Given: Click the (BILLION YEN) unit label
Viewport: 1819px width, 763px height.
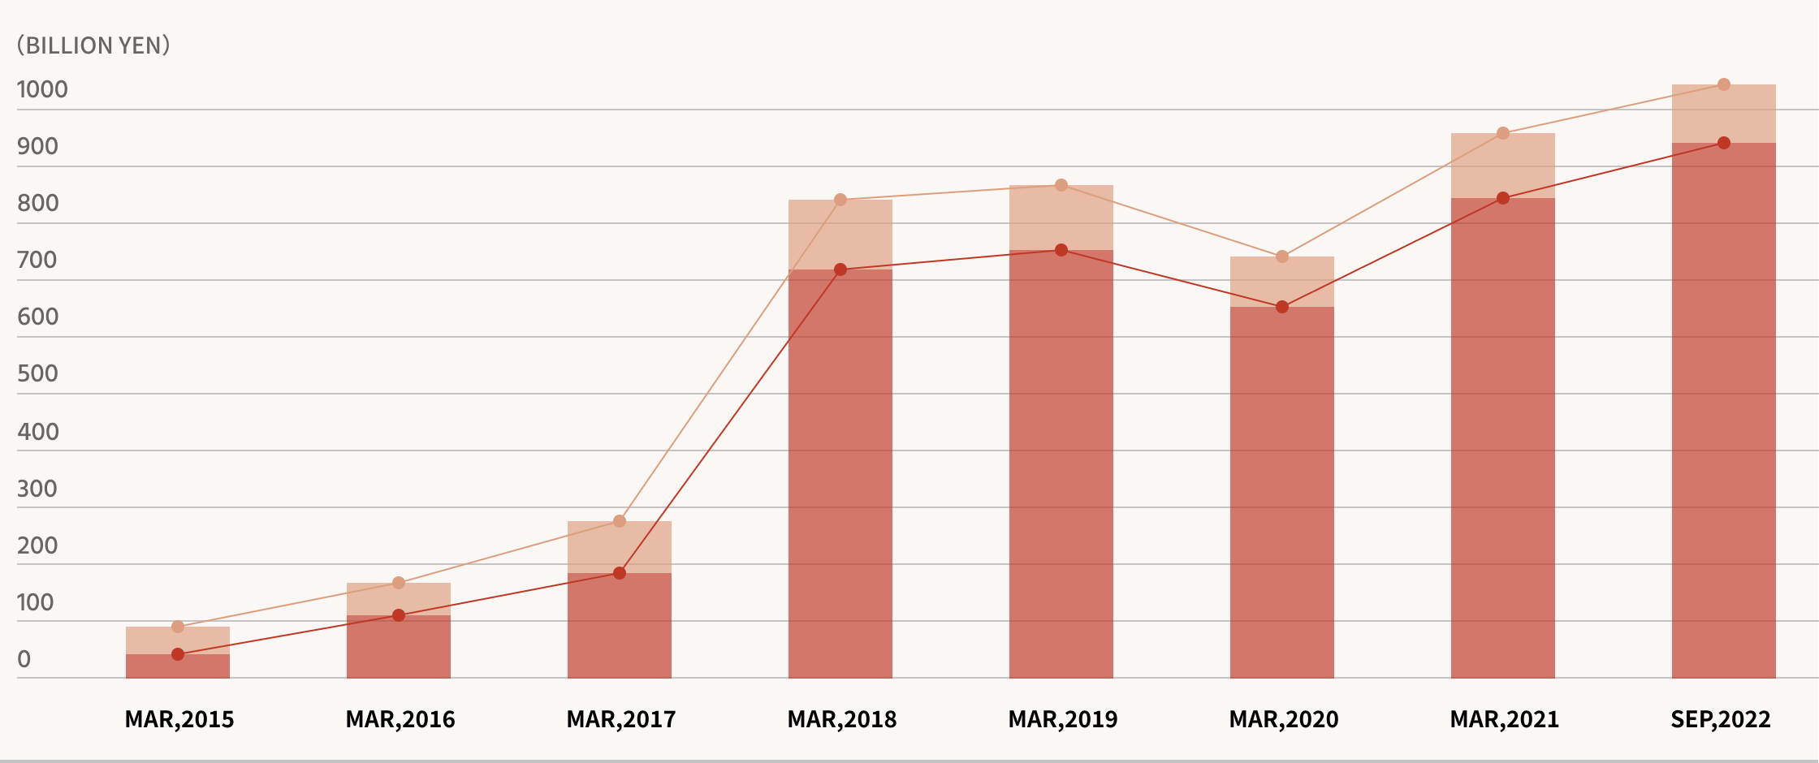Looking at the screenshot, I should [93, 45].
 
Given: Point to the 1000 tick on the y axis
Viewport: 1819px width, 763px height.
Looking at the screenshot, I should [42, 89].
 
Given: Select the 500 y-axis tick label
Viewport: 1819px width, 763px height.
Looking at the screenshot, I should [37, 373].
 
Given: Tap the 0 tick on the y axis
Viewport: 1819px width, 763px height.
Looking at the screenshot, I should [24, 659].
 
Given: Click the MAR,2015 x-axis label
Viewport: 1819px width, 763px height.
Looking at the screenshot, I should [179, 719].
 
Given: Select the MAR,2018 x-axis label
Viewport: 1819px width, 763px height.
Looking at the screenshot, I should [842, 719].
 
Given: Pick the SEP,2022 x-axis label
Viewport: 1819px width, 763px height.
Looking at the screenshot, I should [1721, 719].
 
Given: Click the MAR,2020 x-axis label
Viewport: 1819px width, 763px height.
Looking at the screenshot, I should [1284, 719].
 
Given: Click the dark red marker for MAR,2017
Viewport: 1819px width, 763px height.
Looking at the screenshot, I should [620, 573].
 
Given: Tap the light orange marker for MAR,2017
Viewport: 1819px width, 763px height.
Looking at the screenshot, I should [620, 521].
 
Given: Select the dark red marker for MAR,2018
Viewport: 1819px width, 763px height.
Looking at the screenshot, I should [840, 269].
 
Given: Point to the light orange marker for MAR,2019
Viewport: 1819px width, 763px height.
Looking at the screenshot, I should [1061, 185].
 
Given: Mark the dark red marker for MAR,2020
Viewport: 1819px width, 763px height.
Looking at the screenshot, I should [1282, 307].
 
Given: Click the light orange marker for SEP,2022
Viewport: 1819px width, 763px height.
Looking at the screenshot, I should [1724, 84].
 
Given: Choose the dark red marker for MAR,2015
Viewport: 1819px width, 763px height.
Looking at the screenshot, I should [178, 654].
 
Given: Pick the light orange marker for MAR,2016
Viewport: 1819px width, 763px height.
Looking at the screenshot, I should [399, 583].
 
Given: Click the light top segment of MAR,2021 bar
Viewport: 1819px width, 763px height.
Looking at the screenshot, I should [1503, 166].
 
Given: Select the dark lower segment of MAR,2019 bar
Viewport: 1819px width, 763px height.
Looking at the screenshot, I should [1061, 463].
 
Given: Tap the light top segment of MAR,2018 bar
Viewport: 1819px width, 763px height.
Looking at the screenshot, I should [840, 235].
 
